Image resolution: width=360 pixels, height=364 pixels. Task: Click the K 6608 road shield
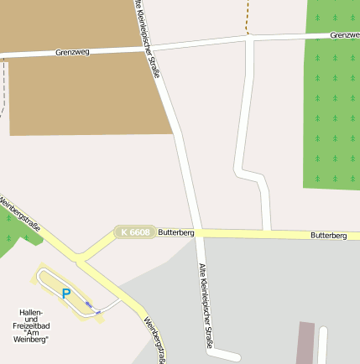pos(134,231)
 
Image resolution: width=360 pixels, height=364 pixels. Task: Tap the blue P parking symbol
pos(65,293)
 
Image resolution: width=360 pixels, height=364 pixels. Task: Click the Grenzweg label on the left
pos(72,51)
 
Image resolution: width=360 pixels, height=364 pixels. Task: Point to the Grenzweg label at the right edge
pos(344,35)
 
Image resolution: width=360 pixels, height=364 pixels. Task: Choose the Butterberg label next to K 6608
pos(176,231)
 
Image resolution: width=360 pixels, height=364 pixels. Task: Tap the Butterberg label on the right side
pos(328,236)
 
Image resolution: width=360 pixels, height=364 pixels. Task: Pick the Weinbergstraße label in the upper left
pos(20,214)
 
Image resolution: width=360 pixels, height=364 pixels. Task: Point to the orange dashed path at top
pos(248,16)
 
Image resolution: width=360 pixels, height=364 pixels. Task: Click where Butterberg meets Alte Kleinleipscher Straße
pos(198,233)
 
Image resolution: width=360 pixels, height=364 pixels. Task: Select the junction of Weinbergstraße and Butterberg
pos(80,254)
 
